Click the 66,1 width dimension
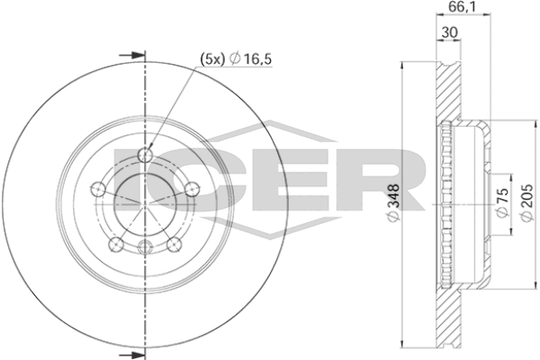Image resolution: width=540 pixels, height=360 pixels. [x=461, y=9]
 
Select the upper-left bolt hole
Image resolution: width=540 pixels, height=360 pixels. [x=101, y=190]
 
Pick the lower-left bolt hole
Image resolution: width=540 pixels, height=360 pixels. [x=115, y=242]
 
